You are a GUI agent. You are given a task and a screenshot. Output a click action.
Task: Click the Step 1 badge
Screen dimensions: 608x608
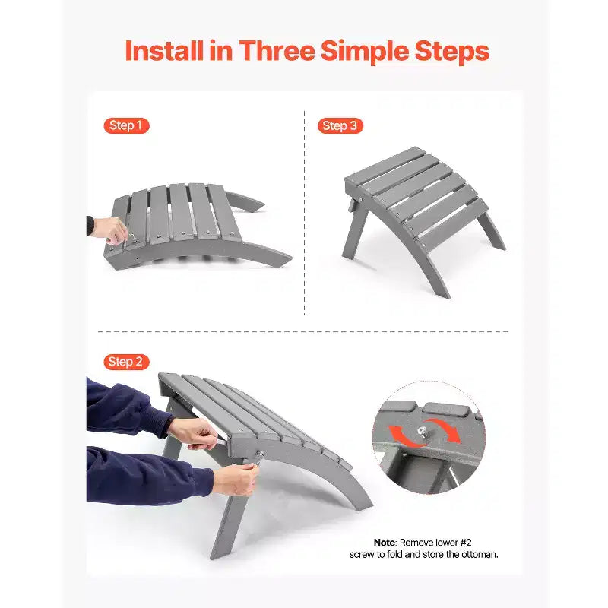[x=126, y=125]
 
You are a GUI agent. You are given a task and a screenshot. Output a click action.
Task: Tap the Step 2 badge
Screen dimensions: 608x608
[x=126, y=362]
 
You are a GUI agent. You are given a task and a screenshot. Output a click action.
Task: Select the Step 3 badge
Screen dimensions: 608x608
[x=340, y=125]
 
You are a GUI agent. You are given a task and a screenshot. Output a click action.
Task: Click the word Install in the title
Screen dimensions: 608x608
[x=164, y=51]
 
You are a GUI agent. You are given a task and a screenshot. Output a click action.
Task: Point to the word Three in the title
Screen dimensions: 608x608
[x=277, y=51]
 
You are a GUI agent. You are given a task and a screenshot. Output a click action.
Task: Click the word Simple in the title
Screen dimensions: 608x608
[x=365, y=52]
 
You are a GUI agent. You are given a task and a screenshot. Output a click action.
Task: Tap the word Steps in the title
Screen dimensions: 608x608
[x=452, y=52]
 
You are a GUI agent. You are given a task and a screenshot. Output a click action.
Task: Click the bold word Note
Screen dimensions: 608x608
[x=385, y=543]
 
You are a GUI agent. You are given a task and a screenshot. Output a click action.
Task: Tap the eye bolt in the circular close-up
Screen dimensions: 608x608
[x=422, y=431]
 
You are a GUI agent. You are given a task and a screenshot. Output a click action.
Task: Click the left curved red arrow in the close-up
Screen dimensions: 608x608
[x=403, y=436]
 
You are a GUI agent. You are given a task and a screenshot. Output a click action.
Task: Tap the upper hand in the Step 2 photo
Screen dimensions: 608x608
[x=194, y=433]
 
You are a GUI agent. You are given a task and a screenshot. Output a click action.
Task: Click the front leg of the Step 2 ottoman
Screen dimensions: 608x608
[x=229, y=517]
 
